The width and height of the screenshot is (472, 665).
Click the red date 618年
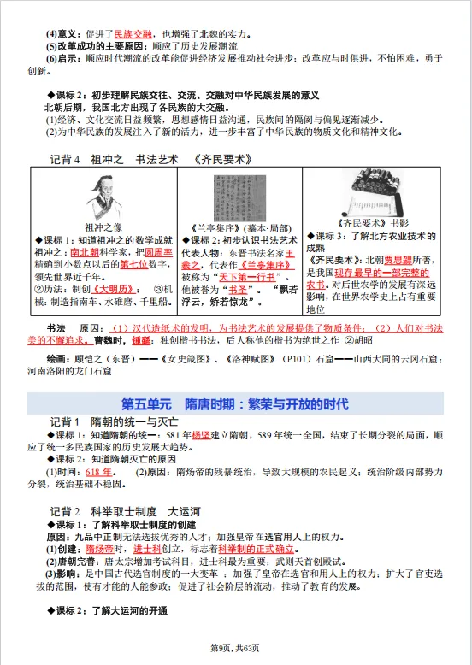click(x=99, y=471)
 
